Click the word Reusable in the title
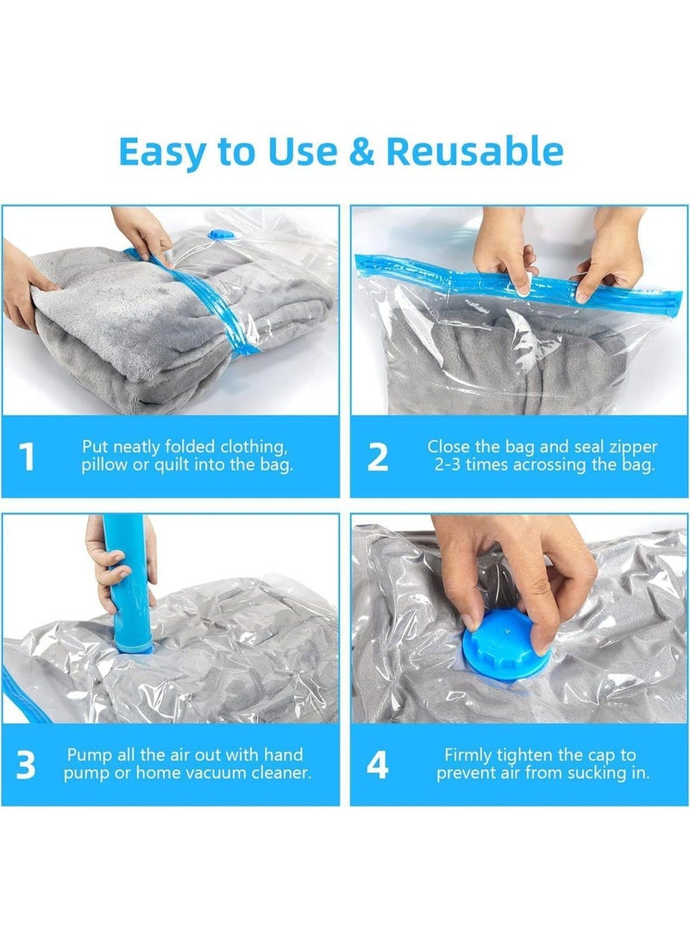click(474, 151)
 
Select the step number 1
click(28, 456)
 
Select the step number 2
click(378, 456)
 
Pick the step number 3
click(27, 764)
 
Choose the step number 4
click(378, 764)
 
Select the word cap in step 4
click(601, 755)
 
